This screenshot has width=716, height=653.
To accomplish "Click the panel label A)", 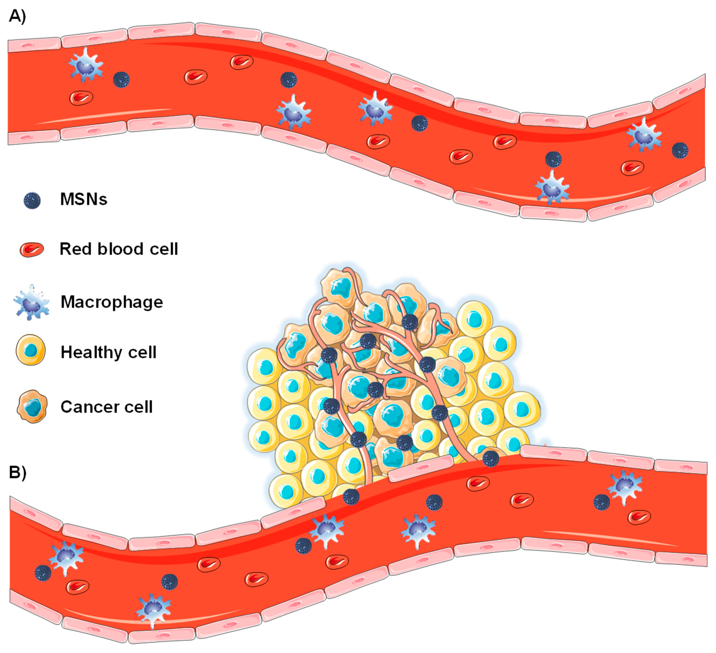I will [17, 16].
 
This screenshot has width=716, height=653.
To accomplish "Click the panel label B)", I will [17, 473].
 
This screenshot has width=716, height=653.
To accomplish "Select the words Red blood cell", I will [119, 249].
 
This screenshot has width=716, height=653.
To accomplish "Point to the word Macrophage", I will [112, 302].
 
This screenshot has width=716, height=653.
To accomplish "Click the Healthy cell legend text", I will [108, 352].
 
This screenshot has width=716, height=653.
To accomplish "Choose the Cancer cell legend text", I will [106, 407].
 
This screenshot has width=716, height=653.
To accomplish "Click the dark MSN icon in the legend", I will [32, 201].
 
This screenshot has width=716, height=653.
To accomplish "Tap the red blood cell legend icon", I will [32, 250].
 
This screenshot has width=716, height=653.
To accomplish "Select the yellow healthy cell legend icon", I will [31, 351].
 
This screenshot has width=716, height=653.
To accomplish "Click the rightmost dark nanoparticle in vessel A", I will [680, 150].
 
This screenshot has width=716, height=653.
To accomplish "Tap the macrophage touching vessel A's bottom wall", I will [552, 187].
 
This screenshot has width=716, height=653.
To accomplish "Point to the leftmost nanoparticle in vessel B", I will [43, 573].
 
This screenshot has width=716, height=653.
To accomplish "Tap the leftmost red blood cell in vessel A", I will [81, 98].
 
